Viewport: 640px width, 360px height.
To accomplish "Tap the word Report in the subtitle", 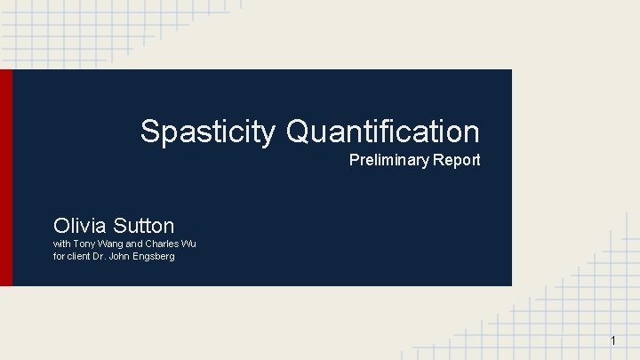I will pos(457,160).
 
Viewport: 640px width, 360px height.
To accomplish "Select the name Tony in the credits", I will pos(84,244).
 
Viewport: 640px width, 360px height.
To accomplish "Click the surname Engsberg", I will pos(154,257).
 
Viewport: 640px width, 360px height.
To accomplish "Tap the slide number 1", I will pos(613,341).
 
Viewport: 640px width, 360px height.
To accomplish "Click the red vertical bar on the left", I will pos(6,178).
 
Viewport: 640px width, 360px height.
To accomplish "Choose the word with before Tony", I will pos(62,244).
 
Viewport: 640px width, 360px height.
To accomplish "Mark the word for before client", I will pos(60,257).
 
